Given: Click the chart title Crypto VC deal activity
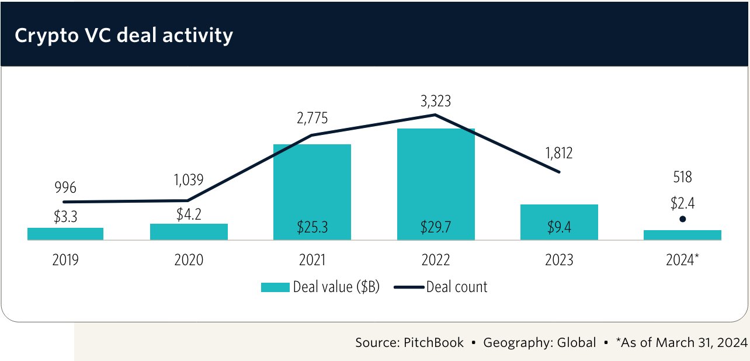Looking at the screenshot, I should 124,35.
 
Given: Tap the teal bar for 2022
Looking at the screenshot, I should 436,175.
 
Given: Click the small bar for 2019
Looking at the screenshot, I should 65,234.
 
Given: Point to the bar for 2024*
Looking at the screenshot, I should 682,235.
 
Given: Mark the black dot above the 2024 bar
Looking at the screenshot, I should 682,220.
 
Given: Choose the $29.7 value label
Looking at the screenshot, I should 435,228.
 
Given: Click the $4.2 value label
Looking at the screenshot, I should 189,214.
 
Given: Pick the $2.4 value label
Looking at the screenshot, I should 682,203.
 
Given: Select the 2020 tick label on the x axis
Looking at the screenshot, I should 189,260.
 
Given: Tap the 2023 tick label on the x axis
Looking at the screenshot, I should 559,260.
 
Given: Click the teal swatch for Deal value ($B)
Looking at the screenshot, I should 275,287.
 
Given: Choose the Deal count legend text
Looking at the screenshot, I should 456,287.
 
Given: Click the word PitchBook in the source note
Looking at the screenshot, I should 433,342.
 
